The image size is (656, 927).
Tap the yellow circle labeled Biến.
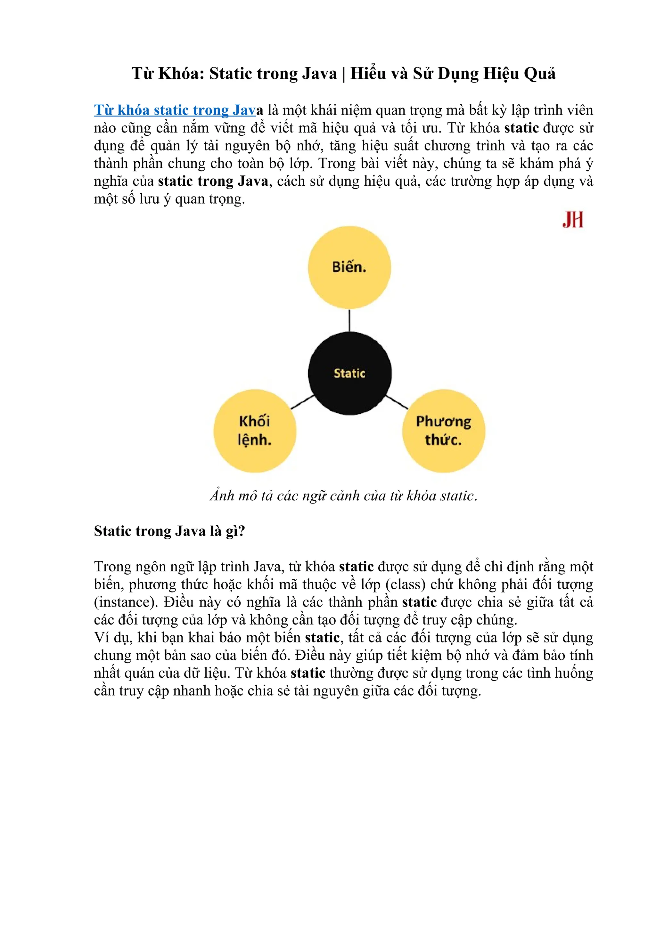point(349,267)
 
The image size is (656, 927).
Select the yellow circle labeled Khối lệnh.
point(255,431)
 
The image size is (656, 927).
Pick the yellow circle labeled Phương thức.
point(444,431)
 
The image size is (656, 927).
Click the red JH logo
point(572,220)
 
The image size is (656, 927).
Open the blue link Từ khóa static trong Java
point(175,110)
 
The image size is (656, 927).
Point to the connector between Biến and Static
point(349,320)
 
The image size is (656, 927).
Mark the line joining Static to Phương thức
point(397,402)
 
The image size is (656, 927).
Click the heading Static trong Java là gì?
point(170,531)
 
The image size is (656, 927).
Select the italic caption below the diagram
point(343,496)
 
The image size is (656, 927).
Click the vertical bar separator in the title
point(344,74)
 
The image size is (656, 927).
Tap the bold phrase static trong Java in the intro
point(213,181)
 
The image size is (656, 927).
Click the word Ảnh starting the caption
point(222,496)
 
